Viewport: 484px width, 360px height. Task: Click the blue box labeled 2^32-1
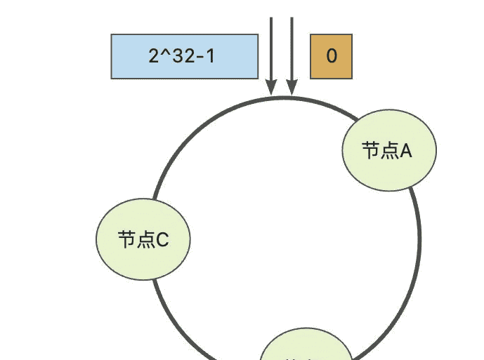pos(185,56)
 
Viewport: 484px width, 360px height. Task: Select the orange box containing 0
pos(331,56)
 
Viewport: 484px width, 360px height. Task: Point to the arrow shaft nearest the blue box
pos(271,49)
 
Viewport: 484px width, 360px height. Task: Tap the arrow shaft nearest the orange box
pos(291,49)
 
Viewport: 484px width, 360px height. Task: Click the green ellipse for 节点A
pos(389,149)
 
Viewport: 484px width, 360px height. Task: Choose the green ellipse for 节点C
pos(143,239)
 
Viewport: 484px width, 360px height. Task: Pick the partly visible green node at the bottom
pos(307,347)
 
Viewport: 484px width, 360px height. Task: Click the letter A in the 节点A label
pos(405,151)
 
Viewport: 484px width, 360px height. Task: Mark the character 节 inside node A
pos(371,150)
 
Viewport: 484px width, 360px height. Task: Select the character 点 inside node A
pos(388,150)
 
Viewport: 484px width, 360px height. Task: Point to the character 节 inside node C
pos(126,240)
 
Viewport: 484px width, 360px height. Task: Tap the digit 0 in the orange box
pos(332,56)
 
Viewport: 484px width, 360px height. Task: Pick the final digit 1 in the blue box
pos(210,56)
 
